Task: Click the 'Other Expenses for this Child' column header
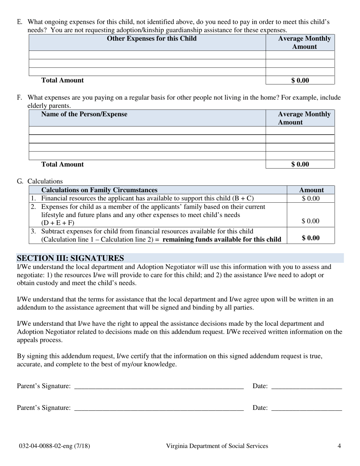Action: coord(152,39)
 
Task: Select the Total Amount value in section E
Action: coord(300,80)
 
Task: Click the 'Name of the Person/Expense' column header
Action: coord(84,114)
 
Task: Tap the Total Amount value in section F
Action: coord(300,164)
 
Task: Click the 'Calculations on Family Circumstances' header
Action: coord(99,190)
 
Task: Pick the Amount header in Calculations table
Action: coord(311,190)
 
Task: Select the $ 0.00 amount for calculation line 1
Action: coord(311,198)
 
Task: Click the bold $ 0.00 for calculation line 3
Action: coord(311,238)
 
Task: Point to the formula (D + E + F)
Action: coord(58,223)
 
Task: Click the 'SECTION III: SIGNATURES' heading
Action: coord(70,258)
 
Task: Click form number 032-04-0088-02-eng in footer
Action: coord(55,446)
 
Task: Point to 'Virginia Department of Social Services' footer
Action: coord(217,446)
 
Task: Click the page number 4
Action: coord(339,446)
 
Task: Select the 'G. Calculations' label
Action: coord(40,181)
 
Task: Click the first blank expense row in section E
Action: coord(147,55)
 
